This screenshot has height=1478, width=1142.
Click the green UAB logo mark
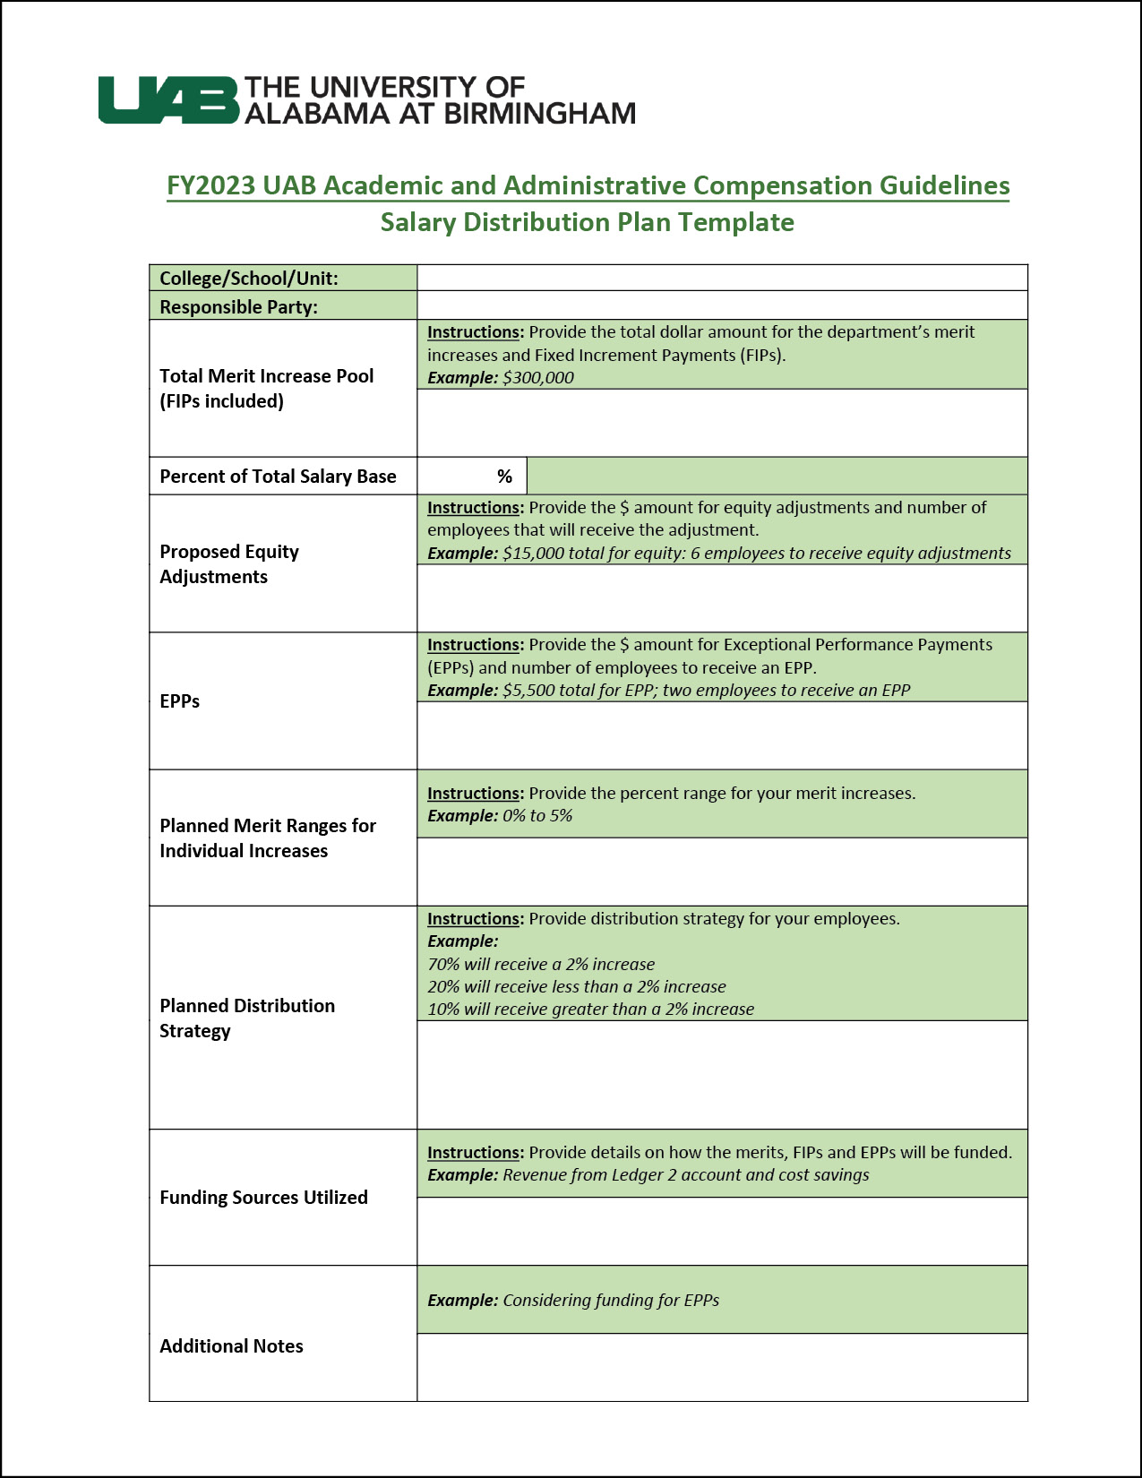pyautogui.click(x=168, y=99)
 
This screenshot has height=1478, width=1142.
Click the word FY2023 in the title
pyautogui.click(x=211, y=185)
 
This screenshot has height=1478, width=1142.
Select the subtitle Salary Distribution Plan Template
pyautogui.click(x=587, y=222)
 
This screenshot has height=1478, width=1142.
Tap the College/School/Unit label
pyautogui.click(x=249, y=279)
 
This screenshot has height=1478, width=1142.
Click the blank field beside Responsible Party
pyautogui.click(x=722, y=305)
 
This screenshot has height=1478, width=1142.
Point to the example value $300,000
pyautogui.click(x=538, y=378)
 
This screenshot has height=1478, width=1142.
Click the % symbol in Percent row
pyautogui.click(x=505, y=477)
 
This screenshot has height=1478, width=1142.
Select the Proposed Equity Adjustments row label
pyautogui.click(x=229, y=564)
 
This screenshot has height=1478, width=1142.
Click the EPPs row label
pyautogui.click(x=180, y=701)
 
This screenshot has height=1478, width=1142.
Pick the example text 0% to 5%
pyautogui.click(x=537, y=816)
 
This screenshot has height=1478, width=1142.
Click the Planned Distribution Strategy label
pyautogui.click(x=247, y=1018)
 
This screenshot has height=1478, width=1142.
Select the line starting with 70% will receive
pyautogui.click(x=541, y=965)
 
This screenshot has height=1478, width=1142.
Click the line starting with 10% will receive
pyautogui.click(x=591, y=1010)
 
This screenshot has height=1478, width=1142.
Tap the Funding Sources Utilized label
pyautogui.click(x=263, y=1198)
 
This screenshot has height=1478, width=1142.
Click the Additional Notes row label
pyautogui.click(x=231, y=1346)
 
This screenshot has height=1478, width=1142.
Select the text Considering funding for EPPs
pyautogui.click(x=611, y=1301)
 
